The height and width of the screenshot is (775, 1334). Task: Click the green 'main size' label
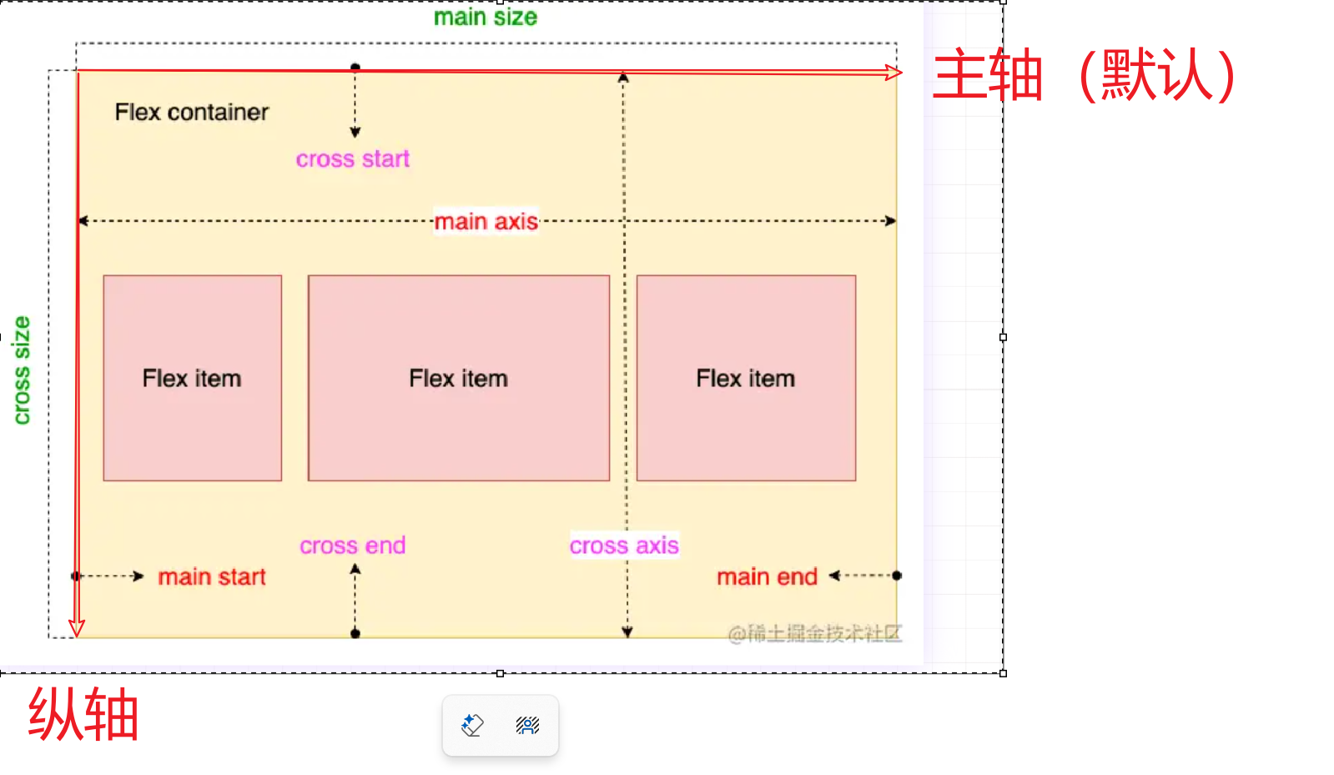click(486, 17)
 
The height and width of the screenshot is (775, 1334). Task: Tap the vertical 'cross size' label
click(22, 370)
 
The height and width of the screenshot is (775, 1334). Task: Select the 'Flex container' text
click(192, 112)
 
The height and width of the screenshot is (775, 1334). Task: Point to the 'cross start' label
click(353, 159)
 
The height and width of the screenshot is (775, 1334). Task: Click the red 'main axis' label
click(486, 221)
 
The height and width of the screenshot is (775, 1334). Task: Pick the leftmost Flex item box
click(192, 378)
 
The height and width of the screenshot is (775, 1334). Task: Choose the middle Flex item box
click(458, 378)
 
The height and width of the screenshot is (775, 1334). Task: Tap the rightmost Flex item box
click(746, 378)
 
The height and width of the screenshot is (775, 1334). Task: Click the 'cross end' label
click(353, 546)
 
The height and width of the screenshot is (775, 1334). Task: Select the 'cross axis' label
click(624, 546)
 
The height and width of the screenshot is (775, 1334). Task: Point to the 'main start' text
click(212, 576)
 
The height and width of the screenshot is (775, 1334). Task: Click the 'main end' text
click(767, 576)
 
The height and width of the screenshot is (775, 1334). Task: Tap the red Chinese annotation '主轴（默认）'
click(1084, 75)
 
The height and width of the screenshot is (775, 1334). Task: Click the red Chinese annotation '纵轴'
click(83, 714)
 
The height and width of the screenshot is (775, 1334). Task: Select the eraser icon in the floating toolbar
click(472, 725)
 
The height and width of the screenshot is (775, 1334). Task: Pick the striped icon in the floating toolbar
click(527, 725)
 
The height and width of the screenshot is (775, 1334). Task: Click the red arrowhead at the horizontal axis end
click(894, 73)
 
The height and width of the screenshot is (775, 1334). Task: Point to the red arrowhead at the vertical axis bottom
click(77, 628)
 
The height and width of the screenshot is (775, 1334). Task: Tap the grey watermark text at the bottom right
click(814, 634)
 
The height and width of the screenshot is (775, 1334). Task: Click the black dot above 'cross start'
click(355, 67)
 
